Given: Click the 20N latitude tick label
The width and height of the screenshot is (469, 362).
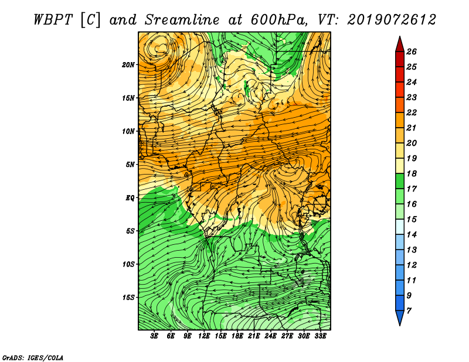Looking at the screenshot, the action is pos(128,65).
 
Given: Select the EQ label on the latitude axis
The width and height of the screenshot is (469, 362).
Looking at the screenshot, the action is pos(130,198).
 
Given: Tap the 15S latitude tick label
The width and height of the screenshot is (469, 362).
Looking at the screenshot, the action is pos(128,298).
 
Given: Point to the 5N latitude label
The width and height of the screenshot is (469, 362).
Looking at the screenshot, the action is pos(130,165).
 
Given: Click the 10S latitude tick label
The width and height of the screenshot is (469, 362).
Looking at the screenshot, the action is pos(128,264).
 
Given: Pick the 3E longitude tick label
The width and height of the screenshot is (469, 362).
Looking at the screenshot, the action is pos(154,336).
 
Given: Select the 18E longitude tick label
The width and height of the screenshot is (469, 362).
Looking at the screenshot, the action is pos(237,336).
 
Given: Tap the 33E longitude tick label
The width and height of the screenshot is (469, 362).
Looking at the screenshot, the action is pos(320,336).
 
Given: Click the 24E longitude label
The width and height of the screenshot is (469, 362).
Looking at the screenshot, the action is pos(270,336).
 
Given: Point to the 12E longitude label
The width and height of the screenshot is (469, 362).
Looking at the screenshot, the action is pos(204,336).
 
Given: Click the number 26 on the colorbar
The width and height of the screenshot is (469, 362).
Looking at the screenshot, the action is pos(412,52).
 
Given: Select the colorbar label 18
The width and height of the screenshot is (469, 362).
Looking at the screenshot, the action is pos(412,173).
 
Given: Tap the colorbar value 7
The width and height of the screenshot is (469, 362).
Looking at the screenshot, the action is pos(409,311).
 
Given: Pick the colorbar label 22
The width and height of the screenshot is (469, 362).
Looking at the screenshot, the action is pos(412,112).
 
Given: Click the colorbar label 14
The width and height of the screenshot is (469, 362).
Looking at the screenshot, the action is pos(412,235).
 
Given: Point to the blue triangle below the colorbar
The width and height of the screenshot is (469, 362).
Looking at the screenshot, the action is pos(400,317).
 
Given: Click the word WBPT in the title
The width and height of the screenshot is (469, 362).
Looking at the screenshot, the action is pos(53,20).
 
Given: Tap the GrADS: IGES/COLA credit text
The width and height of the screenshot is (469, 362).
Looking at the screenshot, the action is pos(33,357).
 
